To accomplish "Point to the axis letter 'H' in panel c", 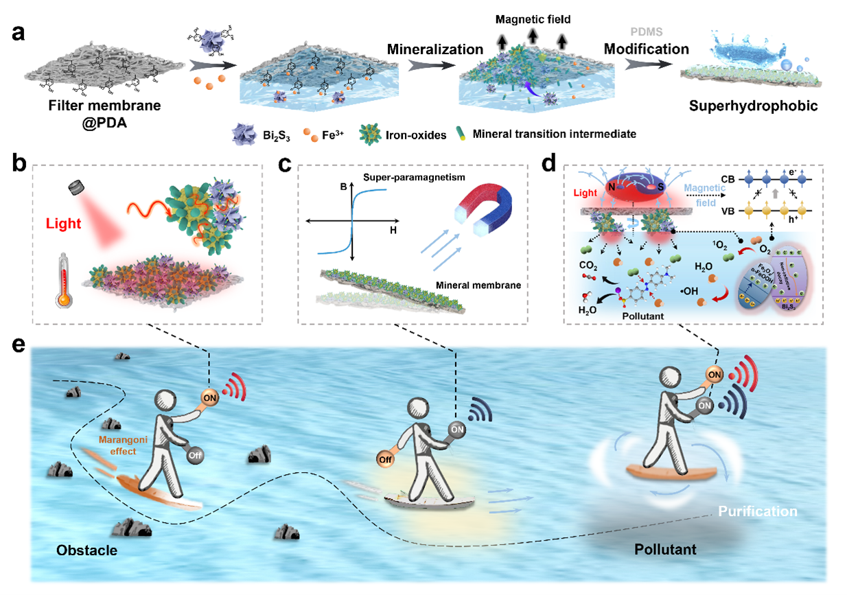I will (393, 231).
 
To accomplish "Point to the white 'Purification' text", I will (757, 511).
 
